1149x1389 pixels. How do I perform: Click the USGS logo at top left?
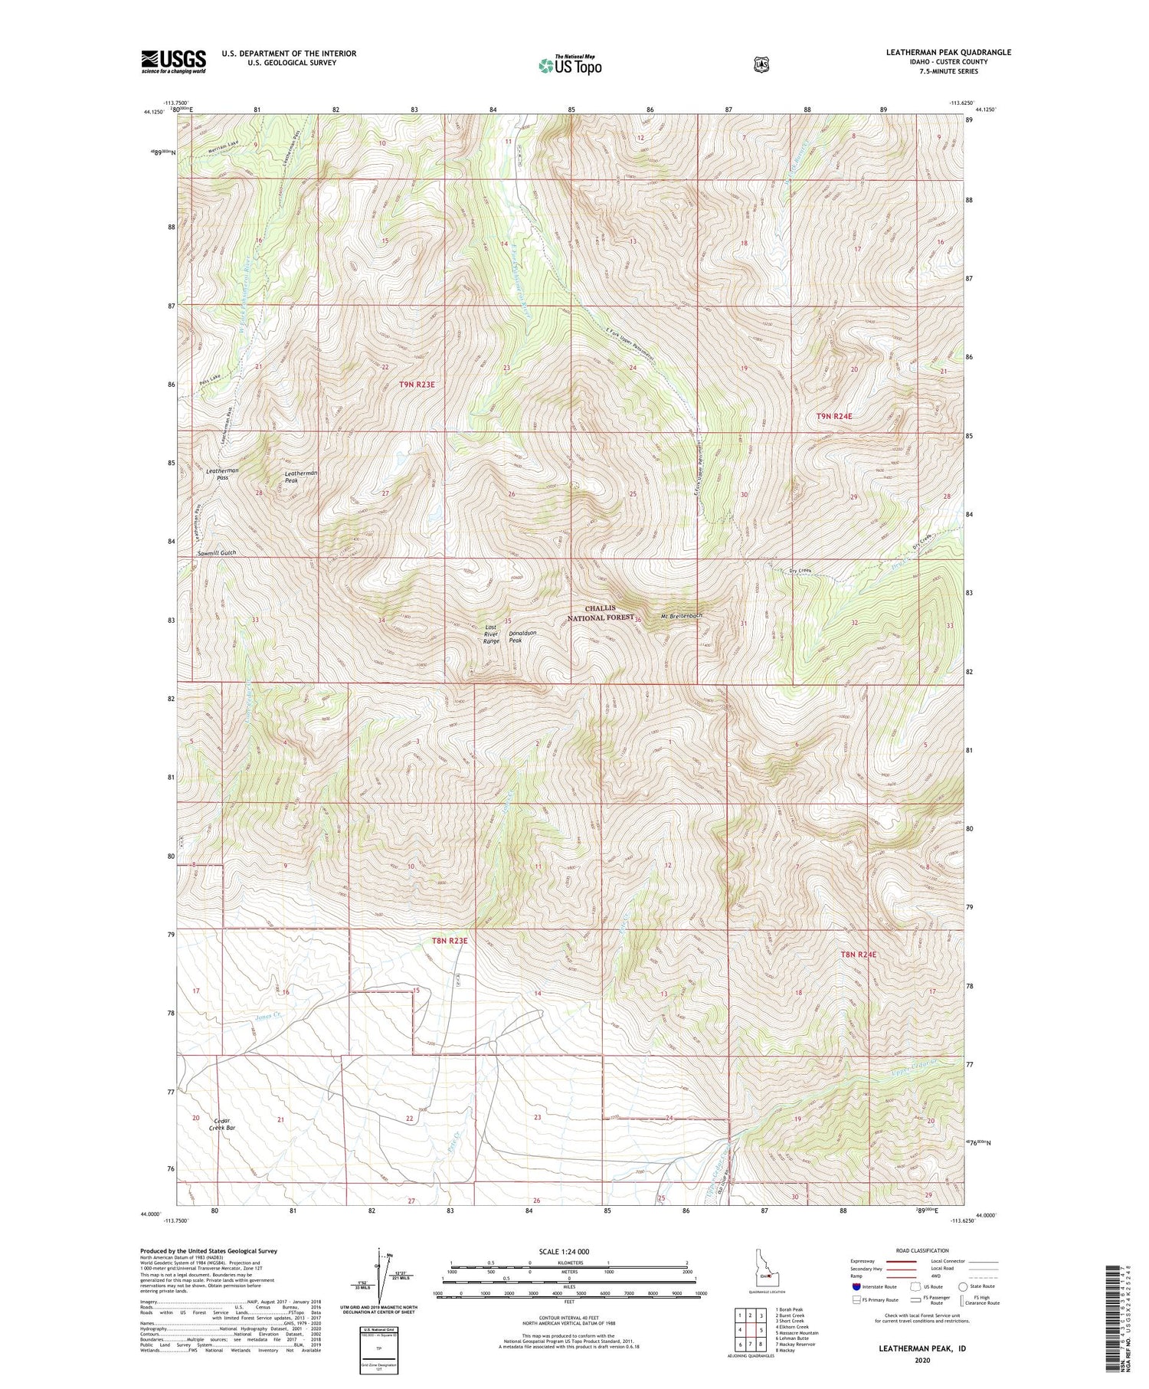pyautogui.click(x=173, y=61)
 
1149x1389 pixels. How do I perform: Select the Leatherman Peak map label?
pyautogui.click(x=301, y=477)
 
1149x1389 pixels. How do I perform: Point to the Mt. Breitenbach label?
pyautogui.click(x=681, y=615)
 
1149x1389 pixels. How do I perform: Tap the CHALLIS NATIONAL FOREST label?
pyautogui.click(x=601, y=613)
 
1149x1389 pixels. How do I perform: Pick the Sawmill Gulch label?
pyautogui.click(x=216, y=552)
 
